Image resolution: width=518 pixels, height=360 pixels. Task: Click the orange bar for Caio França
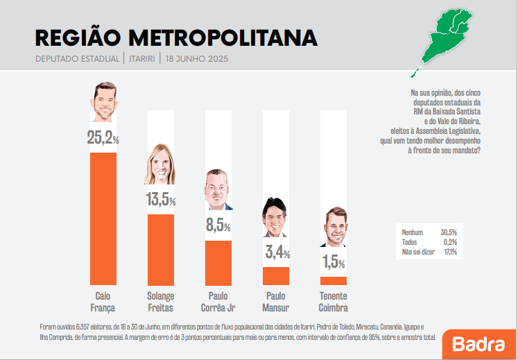pos(103,218)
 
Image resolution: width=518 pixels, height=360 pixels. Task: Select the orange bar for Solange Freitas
pos(160,249)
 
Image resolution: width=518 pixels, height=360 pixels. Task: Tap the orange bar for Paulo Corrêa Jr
pos(218,262)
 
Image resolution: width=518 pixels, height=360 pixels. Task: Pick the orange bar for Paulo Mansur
pos(275,275)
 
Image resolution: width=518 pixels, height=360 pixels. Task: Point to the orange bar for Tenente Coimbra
pos(333,280)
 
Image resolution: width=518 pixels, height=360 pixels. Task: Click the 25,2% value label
pos(103,137)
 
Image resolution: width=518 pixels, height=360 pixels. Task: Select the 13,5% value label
pos(160,200)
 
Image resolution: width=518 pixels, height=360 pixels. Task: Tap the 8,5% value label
pos(218,225)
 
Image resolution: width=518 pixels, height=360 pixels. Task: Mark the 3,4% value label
pos(277,252)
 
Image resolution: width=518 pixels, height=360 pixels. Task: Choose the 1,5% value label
pos(334,262)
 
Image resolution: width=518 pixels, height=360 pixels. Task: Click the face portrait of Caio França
pos(104,103)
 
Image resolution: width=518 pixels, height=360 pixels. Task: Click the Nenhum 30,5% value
pos(448,232)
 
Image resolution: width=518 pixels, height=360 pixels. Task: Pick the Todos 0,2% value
pos(449,241)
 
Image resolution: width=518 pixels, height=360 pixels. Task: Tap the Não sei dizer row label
pos(418,252)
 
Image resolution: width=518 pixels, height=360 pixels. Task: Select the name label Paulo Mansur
pos(275,301)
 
